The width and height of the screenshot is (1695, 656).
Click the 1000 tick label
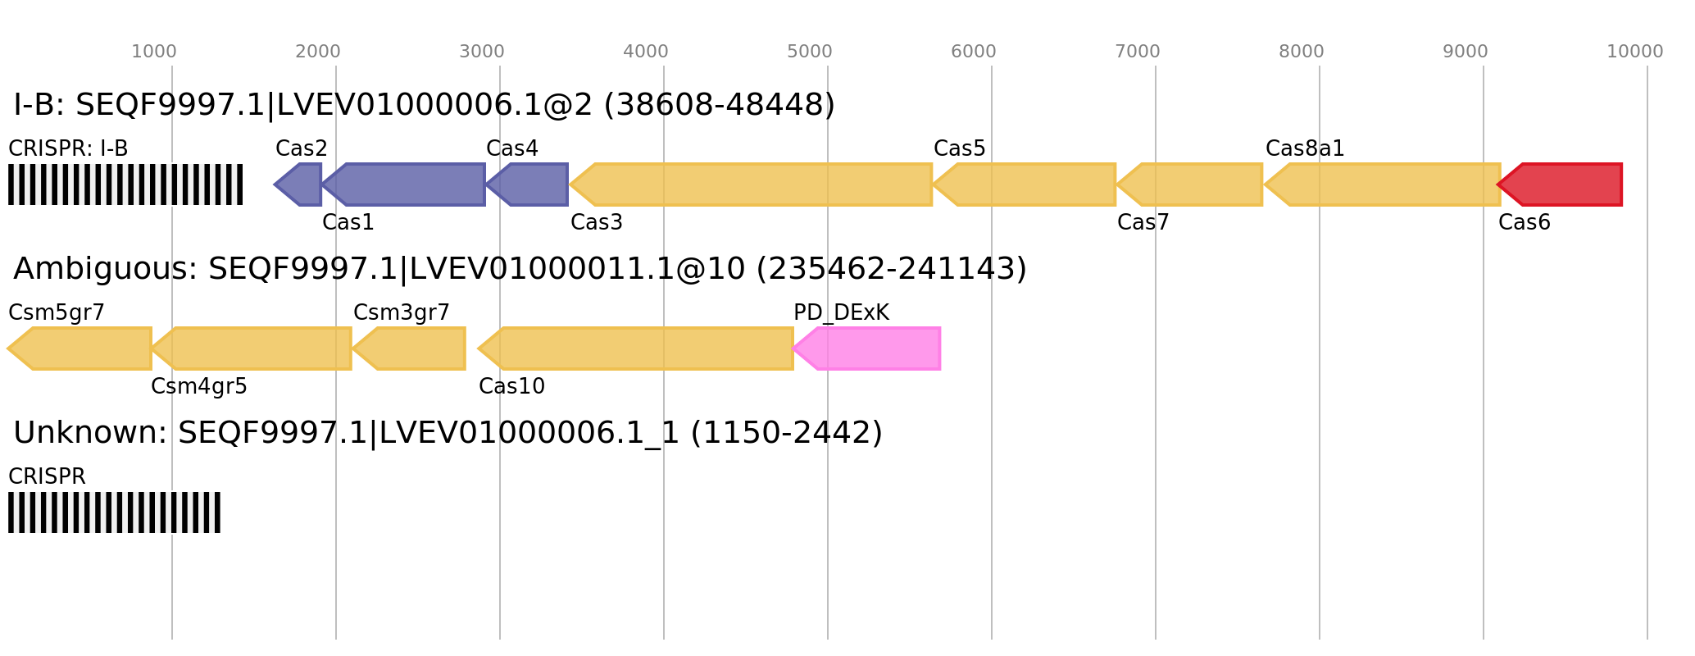(x=153, y=52)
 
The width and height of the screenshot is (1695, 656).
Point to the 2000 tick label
(x=317, y=52)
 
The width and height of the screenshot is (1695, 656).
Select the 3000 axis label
(x=481, y=52)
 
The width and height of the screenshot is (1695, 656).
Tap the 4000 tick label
(x=645, y=52)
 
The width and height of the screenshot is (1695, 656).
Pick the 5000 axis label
(x=809, y=52)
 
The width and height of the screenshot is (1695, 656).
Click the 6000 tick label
(x=973, y=52)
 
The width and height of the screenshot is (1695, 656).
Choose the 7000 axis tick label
(x=1137, y=52)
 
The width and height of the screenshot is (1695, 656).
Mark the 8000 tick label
(x=1301, y=52)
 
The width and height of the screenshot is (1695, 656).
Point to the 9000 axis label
(x=1465, y=52)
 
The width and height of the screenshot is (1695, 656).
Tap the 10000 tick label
(x=1634, y=52)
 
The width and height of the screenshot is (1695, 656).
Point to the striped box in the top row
(x=125, y=184)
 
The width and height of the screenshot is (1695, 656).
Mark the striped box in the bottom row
(x=114, y=512)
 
